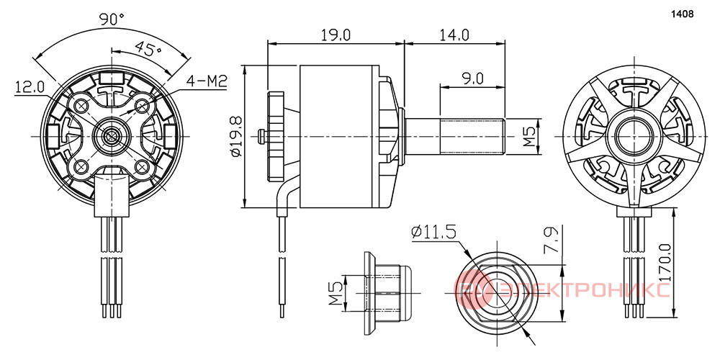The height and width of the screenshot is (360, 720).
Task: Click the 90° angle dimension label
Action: pos(112,19)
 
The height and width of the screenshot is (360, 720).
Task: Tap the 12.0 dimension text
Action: pos(30,86)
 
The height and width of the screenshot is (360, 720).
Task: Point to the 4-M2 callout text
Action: pos(207,81)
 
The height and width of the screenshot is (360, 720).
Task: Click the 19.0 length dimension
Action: pos(336,34)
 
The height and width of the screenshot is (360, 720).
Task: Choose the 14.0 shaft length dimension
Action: pos(454,34)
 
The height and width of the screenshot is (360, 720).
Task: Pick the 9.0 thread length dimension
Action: pos(472,78)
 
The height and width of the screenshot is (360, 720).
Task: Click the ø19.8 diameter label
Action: pos(236,137)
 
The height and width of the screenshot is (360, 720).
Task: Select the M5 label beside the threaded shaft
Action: pos(531,136)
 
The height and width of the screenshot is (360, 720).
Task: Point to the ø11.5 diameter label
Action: pos(434,233)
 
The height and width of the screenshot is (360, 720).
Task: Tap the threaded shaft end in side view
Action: pos(473,136)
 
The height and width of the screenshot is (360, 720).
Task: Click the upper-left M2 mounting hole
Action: pos(82,105)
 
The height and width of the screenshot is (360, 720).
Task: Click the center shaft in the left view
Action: pos(112,135)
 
